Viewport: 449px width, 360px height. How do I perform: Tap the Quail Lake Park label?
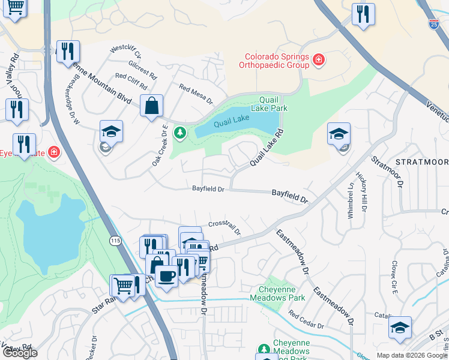[273, 104]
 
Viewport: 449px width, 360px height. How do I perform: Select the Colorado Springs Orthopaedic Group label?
[274, 60]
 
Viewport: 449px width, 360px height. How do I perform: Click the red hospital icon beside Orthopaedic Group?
[318, 60]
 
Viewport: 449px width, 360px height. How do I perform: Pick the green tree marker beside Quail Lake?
[178, 132]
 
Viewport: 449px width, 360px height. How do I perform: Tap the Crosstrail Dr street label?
[224, 227]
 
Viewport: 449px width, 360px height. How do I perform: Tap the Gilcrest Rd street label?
[142, 70]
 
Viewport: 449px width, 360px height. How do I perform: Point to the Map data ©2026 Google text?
[411, 355]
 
